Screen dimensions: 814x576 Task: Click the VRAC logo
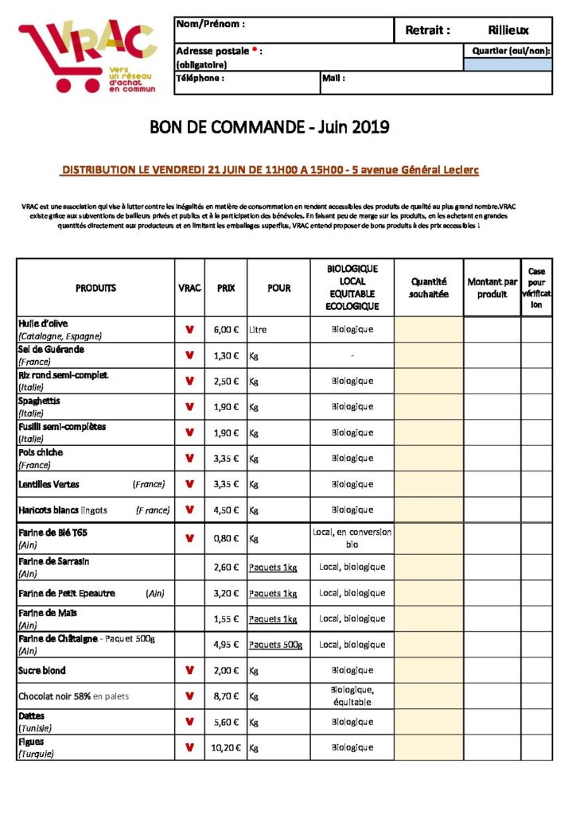pyautogui.click(x=88, y=56)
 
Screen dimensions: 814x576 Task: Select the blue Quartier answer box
pyautogui.click(x=508, y=64)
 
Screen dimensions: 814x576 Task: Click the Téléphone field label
pyautogui.click(x=200, y=79)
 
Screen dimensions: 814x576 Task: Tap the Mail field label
pyautogui.click(x=333, y=79)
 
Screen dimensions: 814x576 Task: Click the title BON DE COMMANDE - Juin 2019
pyautogui.click(x=270, y=126)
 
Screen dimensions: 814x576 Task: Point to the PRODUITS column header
pyautogui.click(x=95, y=288)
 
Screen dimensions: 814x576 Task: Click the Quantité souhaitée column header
pyautogui.click(x=428, y=288)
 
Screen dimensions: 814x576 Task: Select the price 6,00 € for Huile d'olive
pyautogui.click(x=226, y=329)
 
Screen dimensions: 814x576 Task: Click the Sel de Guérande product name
pyautogui.click(x=51, y=349)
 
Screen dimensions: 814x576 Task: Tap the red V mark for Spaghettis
pyautogui.click(x=189, y=407)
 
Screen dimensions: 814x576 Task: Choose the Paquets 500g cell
pyautogui.click(x=275, y=645)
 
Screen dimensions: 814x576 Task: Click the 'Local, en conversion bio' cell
pyautogui.click(x=352, y=538)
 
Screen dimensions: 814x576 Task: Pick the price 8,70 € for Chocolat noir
pyautogui.click(x=226, y=696)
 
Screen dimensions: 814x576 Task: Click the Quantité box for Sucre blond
pyautogui.click(x=428, y=670)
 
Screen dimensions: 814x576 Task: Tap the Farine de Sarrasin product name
pyautogui.click(x=53, y=561)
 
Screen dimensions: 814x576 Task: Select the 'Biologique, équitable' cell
pyautogui.click(x=352, y=696)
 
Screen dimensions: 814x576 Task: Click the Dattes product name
pyautogui.click(x=32, y=716)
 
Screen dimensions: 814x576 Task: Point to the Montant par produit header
pyautogui.click(x=492, y=288)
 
